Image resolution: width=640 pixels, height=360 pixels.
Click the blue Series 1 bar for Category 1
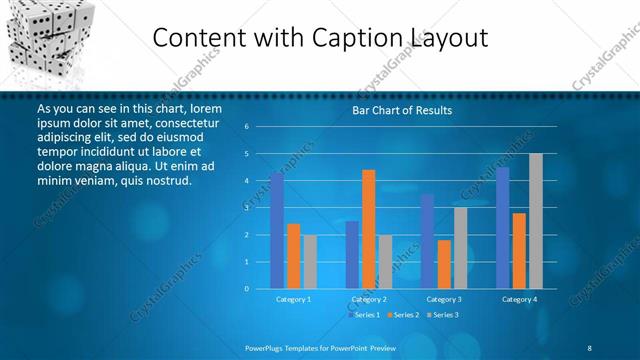coord(277,231)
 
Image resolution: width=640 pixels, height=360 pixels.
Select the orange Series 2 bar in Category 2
coord(369,229)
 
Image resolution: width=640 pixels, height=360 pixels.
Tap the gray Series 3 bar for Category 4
coord(536,221)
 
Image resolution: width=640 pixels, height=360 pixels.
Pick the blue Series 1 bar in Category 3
coord(428,241)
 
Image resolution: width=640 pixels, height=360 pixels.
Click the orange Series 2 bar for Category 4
coord(519,251)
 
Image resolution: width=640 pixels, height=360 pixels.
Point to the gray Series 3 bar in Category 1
coord(310,262)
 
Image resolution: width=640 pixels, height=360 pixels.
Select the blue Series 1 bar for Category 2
coord(352,255)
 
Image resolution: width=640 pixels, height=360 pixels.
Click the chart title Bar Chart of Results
coord(402,111)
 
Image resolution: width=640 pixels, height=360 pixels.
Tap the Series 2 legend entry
coord(402,315)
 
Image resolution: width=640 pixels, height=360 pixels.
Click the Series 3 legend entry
coord(441,315)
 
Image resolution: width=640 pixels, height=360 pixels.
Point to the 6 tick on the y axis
coord(246,127)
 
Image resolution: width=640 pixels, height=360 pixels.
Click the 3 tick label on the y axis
coord(246,208)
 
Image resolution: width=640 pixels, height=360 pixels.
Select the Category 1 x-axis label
coord(294,299)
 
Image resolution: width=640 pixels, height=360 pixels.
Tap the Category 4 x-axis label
coord(519,299)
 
